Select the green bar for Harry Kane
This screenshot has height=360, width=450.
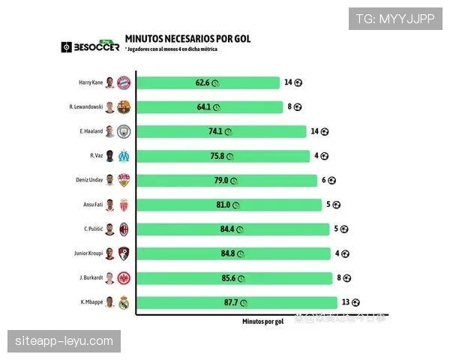pyautogui.click(x=206, y=82)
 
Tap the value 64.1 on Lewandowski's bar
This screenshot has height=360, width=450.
pyautogui.click(x=205, y=107)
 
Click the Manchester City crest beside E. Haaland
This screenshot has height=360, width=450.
pyautogui.click(x=124, y=131)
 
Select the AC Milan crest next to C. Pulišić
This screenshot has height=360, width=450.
pyautogui.click(x=124, y=229)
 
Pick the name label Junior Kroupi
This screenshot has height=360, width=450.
pyautogui.click(x=85, y=253)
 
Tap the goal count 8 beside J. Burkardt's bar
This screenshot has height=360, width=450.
pyautogui.click(x=339, y=278)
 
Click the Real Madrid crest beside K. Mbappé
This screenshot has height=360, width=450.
pyautogui.click(x=124, y=303)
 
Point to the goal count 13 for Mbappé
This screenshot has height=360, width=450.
pyautogui.click(x=345, y=303)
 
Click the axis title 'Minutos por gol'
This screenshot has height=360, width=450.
pyautogui.click(x=262, y=321)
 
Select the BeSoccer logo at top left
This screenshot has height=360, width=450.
pyautogui.click(x=90, y=46)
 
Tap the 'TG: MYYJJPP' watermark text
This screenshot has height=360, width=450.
pyautogui.click(x=395, y=18)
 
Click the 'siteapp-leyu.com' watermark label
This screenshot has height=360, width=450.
pyautogui.click(x=64, y=341)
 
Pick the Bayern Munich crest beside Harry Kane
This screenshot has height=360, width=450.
pyautogui.click(x=124, y=82)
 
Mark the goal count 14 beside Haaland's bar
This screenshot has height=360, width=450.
pyautogui.click(x=315, y=131)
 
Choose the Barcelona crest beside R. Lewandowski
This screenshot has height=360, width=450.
pyautogui.click(x=124, y=107)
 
